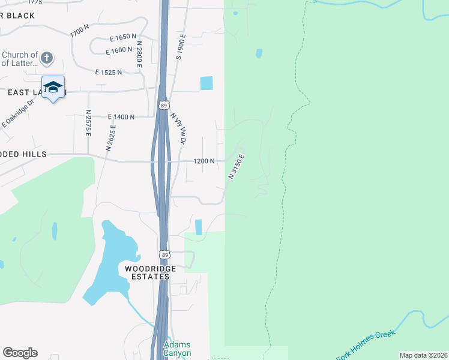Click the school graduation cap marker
click(x=53, y=87)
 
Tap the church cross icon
click(x=47, y=58)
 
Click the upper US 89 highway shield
click(x=164, y=106)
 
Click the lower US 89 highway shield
click(x=164, y=254)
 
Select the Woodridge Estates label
click(x=150, y=273)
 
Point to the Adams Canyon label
click(x=177, y=349)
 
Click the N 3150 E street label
click(x=237, y=167)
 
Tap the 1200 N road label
click(x=204, y=161)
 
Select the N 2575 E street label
click(x=88, y=123)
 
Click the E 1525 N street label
click(x=109, y=73)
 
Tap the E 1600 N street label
click(x=118, y=50)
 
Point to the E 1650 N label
click(x=120, y=37)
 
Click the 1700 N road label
click(x=79, y=31)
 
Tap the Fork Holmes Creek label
click(x=364, y=346)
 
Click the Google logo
click(x=20, y=353)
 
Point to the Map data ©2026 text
click(x=423, y=355)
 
